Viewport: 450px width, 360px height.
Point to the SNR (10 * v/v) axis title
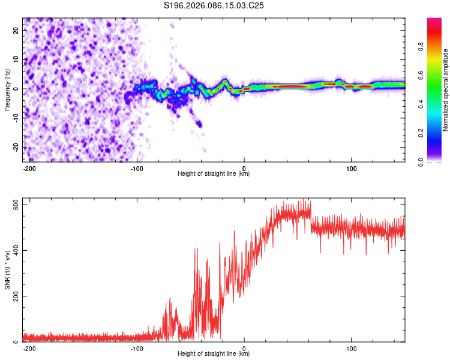pos(7,271)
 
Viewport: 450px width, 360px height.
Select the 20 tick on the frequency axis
pos(16,29)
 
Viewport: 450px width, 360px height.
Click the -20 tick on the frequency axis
pos(15,147)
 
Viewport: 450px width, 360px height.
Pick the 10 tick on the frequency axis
pos(16,59)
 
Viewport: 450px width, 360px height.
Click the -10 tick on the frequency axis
pos(15,118)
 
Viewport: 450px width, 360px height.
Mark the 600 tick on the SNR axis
pos(13,205)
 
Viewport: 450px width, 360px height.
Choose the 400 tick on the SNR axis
pos(13,250)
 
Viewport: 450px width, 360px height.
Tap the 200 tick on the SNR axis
pos(13,296)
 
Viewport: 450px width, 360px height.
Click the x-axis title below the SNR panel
pos(214,354)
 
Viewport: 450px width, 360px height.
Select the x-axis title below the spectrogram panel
pos(214,174)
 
